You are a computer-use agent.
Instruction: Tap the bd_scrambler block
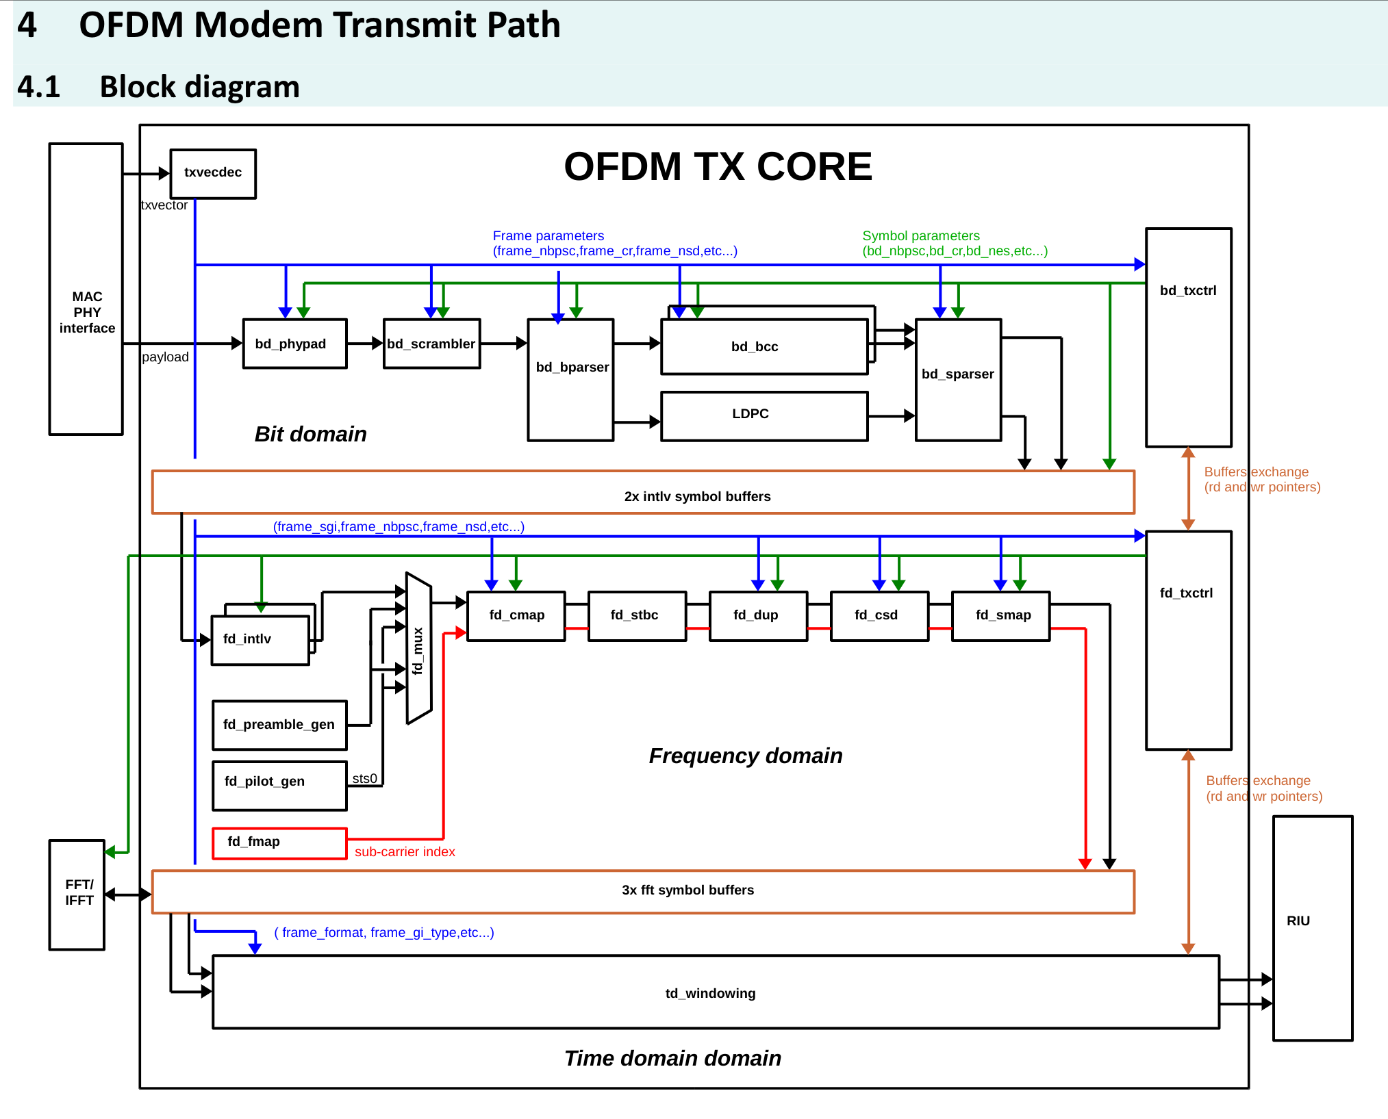[431, 344]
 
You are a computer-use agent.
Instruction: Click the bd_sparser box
[958, 380]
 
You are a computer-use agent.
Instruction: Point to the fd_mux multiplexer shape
[418, 649]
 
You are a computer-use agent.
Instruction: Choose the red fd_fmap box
[279, 843]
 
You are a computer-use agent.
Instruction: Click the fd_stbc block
[636, 616]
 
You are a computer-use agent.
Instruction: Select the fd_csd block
[879, 616]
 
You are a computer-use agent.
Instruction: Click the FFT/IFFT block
[77, 894]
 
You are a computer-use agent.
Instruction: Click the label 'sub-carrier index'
[405, 852]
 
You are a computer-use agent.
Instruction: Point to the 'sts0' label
[364, 779]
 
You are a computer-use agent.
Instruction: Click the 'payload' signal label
[165, 357]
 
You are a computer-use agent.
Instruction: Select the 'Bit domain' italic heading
[310, 434]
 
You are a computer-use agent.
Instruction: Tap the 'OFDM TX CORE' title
[718, 166]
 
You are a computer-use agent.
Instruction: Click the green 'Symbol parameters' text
[920, 235]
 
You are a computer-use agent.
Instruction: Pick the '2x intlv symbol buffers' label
[697, 496]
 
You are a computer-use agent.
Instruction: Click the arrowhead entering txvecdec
[164, 174]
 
